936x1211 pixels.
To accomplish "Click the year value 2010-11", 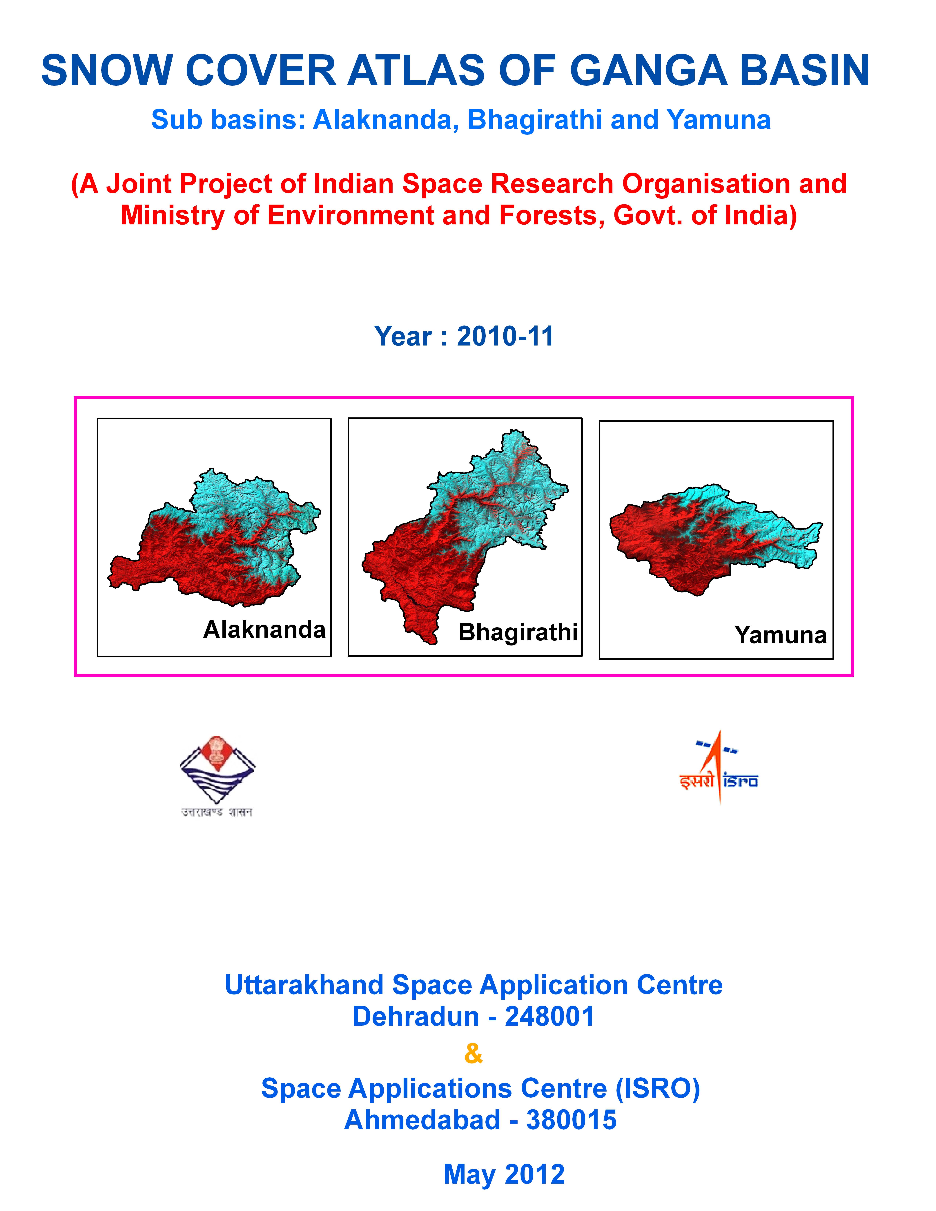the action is click(505, 336).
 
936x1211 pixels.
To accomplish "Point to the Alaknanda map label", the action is click(264, 629).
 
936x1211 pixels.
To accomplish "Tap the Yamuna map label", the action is click(781, 635).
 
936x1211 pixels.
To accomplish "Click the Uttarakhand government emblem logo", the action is click(217, 776).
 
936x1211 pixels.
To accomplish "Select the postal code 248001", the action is click(549, 1016).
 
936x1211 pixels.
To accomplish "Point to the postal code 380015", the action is click(572, 1119).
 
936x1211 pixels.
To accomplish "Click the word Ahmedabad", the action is click(422, 1119).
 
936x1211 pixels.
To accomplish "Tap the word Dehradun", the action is click(416, 1016).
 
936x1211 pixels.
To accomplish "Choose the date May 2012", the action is click(504, 1174).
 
